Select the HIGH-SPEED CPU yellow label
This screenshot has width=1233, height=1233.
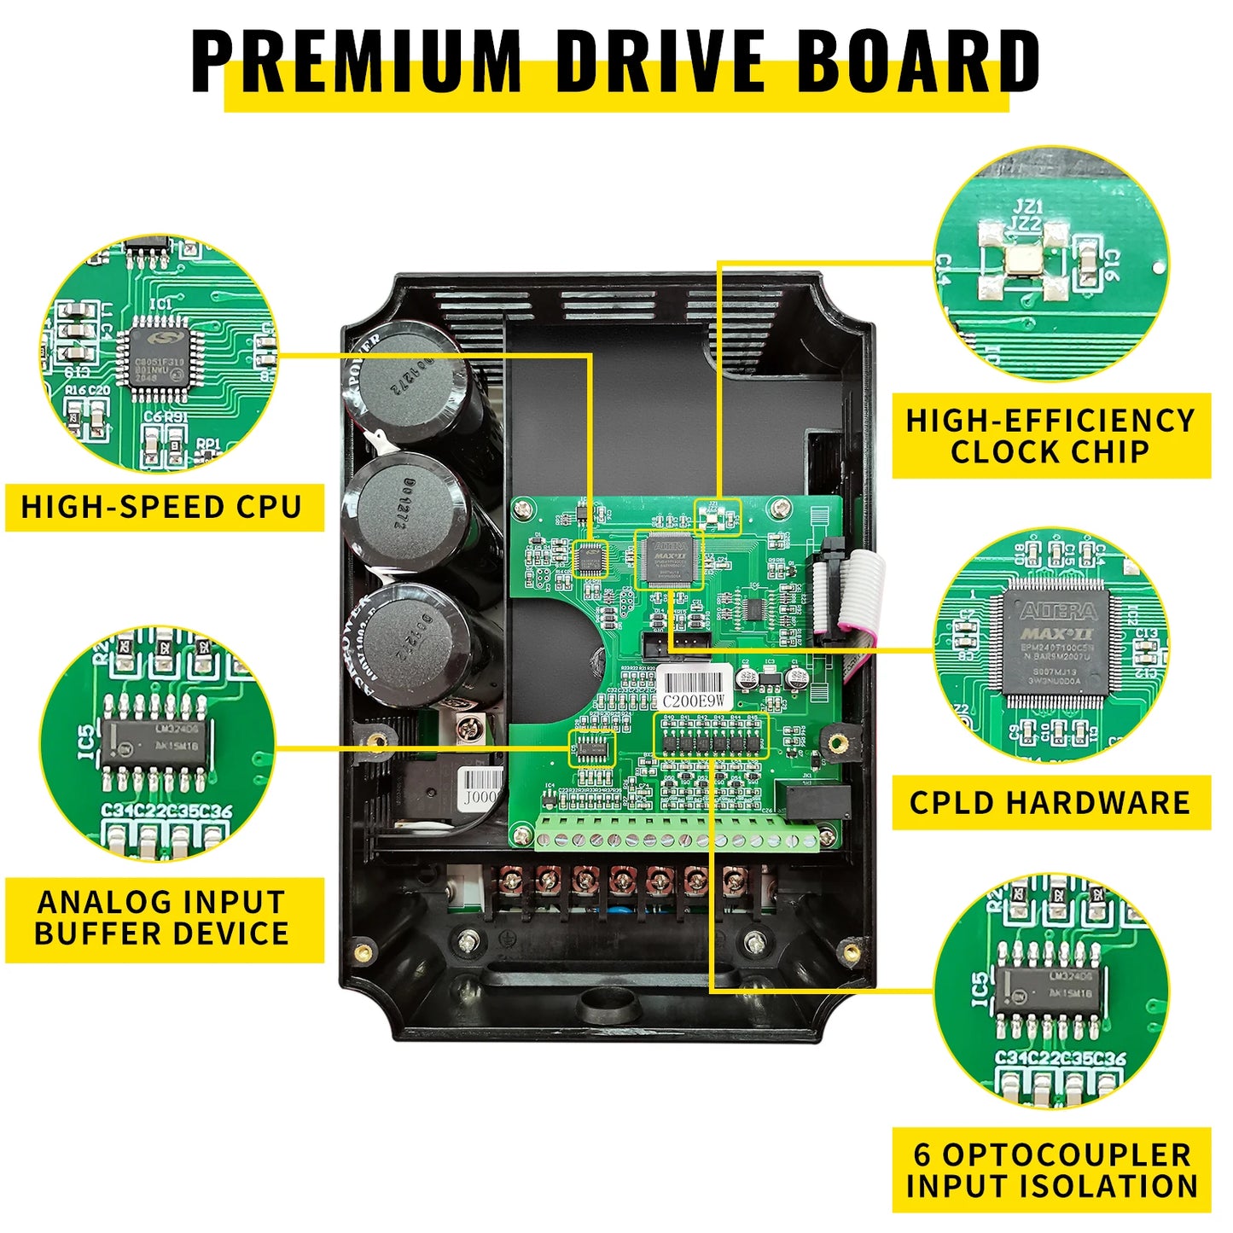(163, 507)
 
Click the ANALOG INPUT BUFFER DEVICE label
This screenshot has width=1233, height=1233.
(163, 918)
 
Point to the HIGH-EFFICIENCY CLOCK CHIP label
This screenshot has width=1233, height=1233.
(1050, 436)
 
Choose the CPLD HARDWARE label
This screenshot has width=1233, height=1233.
(1050, 803)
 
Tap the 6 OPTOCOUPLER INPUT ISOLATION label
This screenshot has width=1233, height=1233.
(1050, 1170)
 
